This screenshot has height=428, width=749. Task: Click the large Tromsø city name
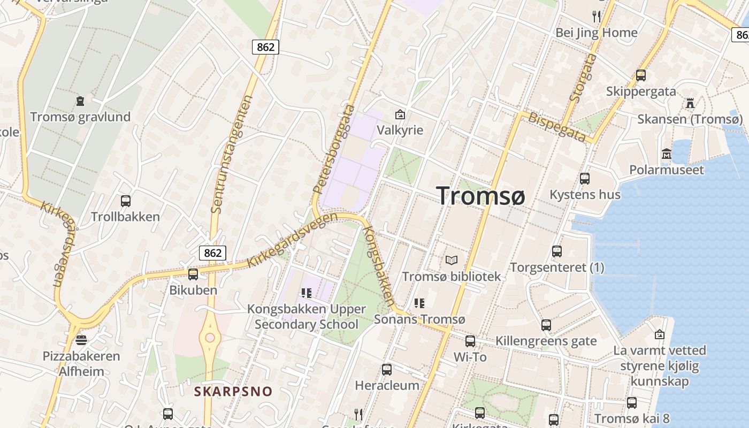[x=481, y=196]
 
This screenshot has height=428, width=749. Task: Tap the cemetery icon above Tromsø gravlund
[x=80, y=101]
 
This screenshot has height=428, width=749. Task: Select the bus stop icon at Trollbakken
[x=126, y=201]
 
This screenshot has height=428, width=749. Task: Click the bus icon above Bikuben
[x=193, y=274]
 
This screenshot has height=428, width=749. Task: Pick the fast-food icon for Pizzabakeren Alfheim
[x=81, y=340]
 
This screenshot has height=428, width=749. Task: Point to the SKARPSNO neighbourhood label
[x=233, y=392]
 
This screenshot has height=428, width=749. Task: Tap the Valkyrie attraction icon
[x=400, y=114]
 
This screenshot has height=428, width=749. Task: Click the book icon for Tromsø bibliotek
[x=452, y=261]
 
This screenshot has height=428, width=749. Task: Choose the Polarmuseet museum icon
[x=667, y=154]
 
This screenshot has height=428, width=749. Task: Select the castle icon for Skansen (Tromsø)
[x=690, y=103]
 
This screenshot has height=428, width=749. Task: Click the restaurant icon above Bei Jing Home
[x=597, y=17]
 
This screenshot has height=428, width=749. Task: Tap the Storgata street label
[x=583, y=78]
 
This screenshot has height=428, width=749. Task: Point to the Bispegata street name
[x=557, y=127]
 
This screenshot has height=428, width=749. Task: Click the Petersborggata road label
[x=334, y=149]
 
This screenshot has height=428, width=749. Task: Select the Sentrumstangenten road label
[x=232, y=154]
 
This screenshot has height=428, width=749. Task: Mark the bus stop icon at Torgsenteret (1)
[x=557, y=251]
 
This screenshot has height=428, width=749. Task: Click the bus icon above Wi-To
[x=470, y=341]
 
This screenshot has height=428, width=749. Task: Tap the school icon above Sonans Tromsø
[x=419, y=303]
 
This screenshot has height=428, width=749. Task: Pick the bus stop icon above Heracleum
[x=387, y=370]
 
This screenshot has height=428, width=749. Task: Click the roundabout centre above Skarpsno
[x=210, y=338]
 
